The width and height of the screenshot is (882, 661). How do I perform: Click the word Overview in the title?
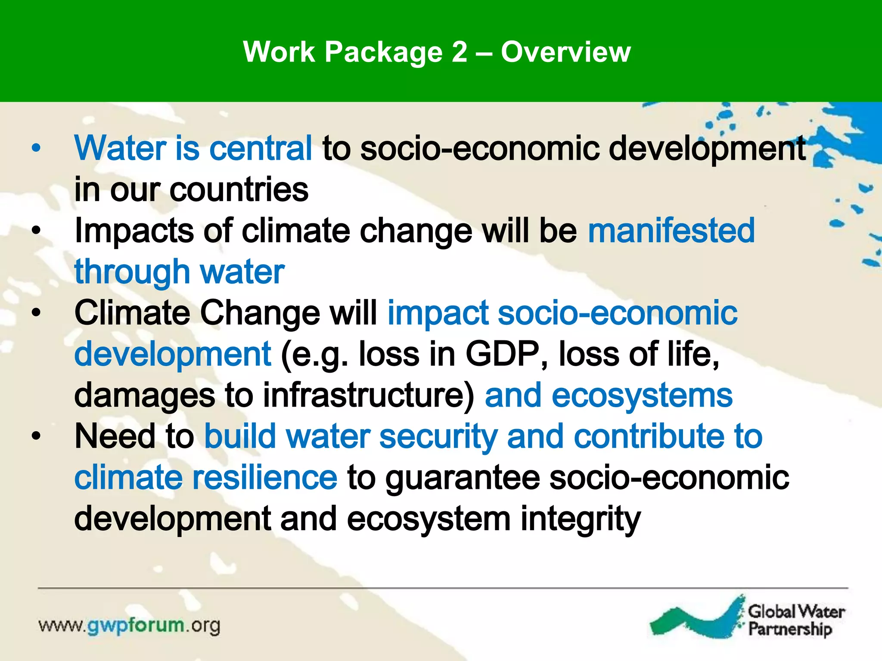click(x=565, y=52)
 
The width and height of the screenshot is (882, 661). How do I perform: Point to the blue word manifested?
click(x=671, y=231)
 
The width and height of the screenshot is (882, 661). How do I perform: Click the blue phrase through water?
click(x=179, y=272)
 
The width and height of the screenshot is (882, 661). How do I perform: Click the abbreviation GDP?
click(x=502, y=354)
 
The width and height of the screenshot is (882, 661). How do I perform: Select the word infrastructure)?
click(x=369, y=395)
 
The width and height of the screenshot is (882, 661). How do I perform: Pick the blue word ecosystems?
click(x=642, y=395)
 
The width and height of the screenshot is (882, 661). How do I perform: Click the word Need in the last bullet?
click(x=115, y=436)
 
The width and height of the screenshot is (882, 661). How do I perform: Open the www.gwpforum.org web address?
click(x=129, y=625)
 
